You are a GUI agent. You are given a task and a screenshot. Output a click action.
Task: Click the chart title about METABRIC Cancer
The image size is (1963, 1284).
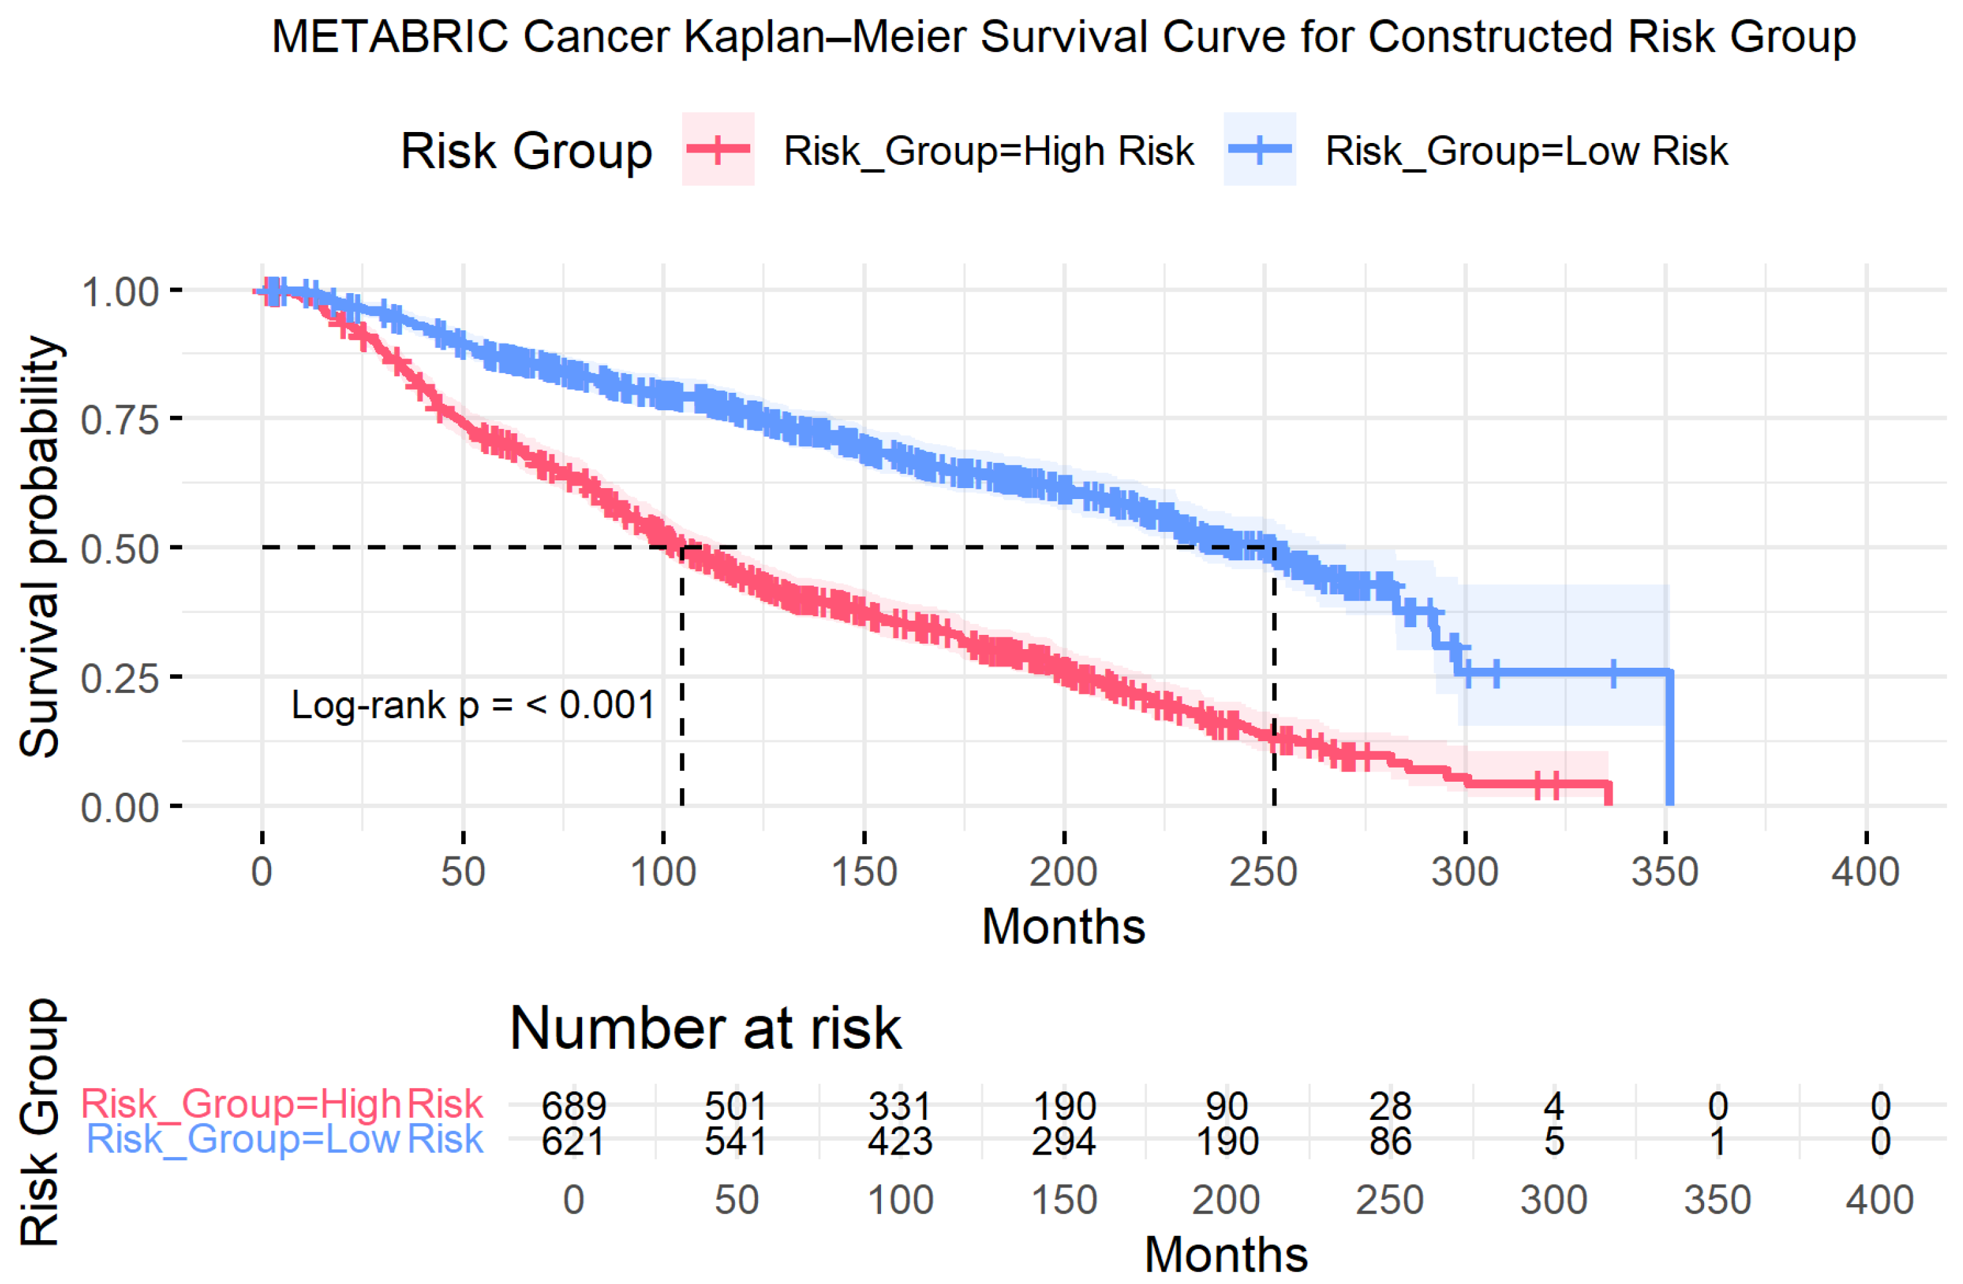click(1063, 37)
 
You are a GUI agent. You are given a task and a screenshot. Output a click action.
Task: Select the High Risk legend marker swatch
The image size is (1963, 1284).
click(717, 149)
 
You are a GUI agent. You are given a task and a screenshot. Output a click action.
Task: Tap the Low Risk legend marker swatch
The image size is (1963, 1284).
click(1260, 149)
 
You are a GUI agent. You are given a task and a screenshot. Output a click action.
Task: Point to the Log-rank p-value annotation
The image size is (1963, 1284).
click(473, 706)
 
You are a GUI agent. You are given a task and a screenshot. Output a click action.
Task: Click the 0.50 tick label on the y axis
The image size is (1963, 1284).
click(120, 549)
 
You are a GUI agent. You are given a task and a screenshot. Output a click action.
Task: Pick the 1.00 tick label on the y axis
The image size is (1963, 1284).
click(120, 292)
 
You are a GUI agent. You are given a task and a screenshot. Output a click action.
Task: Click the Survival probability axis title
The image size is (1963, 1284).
click(39, 547)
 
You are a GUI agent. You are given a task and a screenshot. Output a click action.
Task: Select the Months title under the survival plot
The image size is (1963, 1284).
click(1063, 927)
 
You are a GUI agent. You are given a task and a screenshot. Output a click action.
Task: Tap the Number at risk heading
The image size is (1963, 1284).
click(706, 1028)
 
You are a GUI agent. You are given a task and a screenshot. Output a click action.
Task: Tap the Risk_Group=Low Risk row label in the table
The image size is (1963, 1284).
click(285, 1140)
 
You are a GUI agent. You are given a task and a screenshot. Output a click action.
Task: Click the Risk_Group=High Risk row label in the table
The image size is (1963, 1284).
click(282, 1105)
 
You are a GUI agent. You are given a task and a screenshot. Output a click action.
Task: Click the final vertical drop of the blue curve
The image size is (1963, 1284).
click(1669, 739)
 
